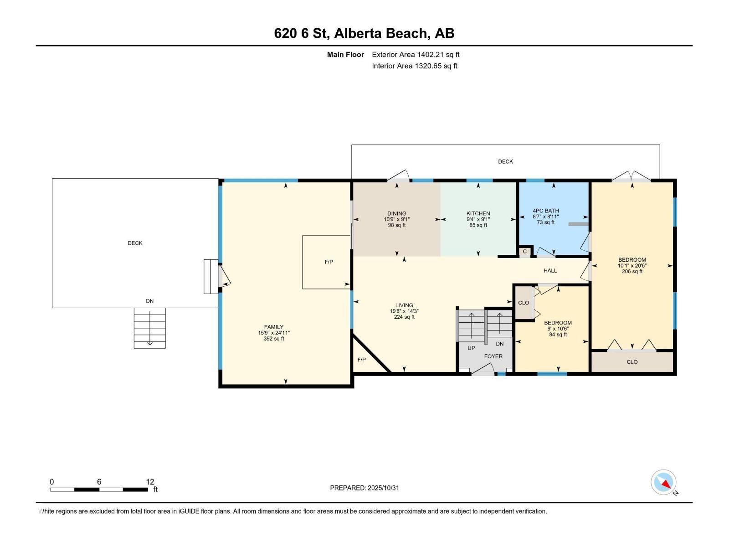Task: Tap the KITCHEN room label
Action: (478, 213)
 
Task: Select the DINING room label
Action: (396, 213)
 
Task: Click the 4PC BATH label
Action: (545, 211)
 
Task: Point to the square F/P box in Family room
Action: (327, 262)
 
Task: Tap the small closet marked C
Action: (525, 252)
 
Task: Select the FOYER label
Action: (493, 356)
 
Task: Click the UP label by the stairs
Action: (471, 348)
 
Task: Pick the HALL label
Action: (550, 271)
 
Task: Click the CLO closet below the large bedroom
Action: (632, 362)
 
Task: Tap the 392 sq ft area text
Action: (274, 339)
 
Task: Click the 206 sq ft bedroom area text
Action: (632, 271)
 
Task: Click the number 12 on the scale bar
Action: (150, 482)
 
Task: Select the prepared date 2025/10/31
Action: (383, 488)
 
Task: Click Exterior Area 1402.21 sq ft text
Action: (416, 55)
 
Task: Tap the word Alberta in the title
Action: (358, 33)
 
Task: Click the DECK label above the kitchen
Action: (505, 161)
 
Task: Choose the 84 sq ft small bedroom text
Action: (558, 335)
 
